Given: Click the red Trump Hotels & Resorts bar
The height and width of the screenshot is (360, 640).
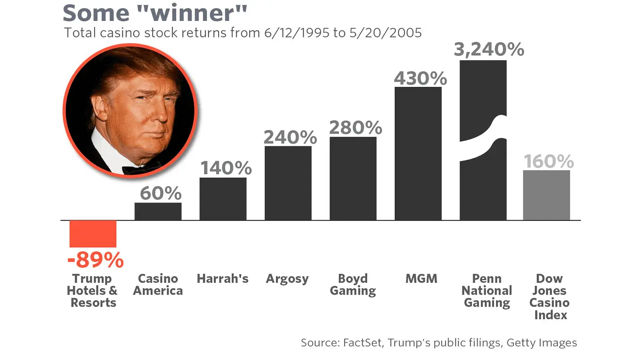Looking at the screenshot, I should coord(93,233).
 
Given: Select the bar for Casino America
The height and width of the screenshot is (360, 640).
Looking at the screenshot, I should coord(158,211).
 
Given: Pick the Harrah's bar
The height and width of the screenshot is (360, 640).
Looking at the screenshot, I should coord(223,198).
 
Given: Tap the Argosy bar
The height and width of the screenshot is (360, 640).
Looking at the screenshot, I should coord(288,183).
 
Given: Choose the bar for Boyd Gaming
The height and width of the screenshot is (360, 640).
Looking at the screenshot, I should coord(353,178).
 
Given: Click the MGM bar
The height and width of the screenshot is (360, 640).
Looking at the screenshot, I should coord(418,153).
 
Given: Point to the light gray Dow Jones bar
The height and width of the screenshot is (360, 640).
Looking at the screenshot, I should coord(546,195).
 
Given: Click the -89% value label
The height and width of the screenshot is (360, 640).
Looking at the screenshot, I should coord(96,261).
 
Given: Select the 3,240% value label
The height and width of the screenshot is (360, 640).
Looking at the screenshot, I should coord(489,49).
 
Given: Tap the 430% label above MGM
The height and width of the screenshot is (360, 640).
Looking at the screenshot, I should coord(420,78).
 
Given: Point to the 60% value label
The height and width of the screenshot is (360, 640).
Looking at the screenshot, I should coord(160,194).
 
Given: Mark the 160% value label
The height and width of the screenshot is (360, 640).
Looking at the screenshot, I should coord(548,162).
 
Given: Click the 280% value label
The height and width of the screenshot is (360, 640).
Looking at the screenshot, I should coord(355,127).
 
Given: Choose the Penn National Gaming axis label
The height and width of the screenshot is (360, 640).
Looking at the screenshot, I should coord(487,291).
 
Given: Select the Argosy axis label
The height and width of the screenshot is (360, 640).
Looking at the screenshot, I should coord(287,279).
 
